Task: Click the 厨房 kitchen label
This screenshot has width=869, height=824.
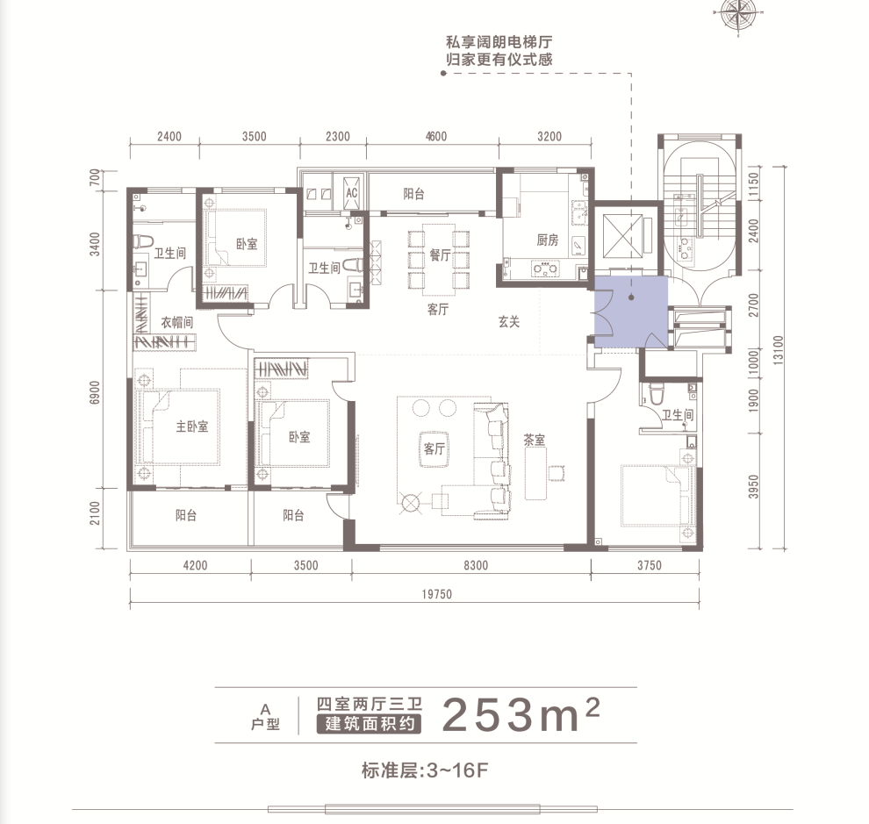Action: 547,240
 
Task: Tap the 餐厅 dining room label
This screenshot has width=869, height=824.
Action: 440,255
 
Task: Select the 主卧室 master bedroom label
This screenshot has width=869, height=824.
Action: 192,426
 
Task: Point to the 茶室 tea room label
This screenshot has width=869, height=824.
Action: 535,440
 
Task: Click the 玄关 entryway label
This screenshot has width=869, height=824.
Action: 509,321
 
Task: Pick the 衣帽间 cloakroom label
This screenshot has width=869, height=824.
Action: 176,322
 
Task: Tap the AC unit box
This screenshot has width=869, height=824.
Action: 351,193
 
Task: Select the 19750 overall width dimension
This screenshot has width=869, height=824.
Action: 437,594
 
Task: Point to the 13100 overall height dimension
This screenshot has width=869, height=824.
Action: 779,349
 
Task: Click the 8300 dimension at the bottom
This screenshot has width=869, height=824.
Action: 476,565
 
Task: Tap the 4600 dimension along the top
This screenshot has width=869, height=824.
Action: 435,136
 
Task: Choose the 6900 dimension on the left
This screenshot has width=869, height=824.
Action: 95,392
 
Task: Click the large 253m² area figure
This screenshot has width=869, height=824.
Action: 521,714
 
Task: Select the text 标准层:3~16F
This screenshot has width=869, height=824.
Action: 425,770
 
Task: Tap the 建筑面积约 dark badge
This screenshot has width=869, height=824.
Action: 369,724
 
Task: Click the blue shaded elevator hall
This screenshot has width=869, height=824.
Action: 631,312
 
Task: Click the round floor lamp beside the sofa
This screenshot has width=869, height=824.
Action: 410,503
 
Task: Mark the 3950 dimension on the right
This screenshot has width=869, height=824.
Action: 753,486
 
